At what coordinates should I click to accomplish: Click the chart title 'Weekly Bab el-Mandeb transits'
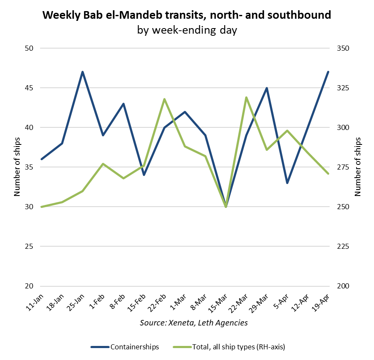coord(187,16)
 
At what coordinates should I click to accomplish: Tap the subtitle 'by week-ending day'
coord(187,30)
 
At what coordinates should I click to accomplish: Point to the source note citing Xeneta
coord(194,323)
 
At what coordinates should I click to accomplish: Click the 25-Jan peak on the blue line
coord(83,72)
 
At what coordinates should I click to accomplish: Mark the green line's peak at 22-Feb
coord(165,99)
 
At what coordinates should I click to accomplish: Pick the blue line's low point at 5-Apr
coord(287,183)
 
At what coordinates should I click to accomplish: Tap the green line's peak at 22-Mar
coord(246,98)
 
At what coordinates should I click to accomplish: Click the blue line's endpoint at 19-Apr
coord(328,72)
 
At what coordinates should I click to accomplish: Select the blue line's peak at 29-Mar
coord(267,88)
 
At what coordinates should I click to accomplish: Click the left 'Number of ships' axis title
coord(17,167)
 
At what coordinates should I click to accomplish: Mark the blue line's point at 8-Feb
coord(124,104)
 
